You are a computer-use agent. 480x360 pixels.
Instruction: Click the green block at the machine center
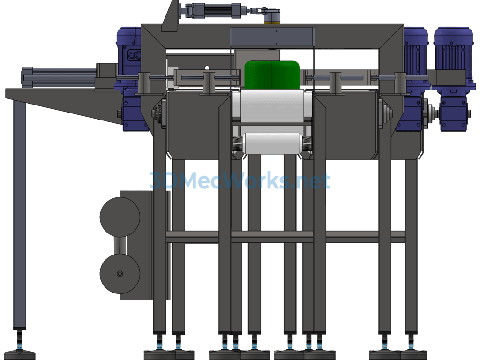click(x=272, y=75)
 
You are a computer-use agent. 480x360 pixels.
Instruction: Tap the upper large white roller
click(x=272, y=105)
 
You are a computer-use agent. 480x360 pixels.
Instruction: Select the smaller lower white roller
click(x=272, y=143)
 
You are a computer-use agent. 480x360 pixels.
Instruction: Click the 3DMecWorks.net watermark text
click(x=240, y=180)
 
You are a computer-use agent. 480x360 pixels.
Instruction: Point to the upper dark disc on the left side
click(x=120, y=217)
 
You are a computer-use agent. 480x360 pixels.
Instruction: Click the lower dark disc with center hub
click(x=120, y=274)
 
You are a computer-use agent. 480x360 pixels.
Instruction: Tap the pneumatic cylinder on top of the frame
click(x=214, y=11)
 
